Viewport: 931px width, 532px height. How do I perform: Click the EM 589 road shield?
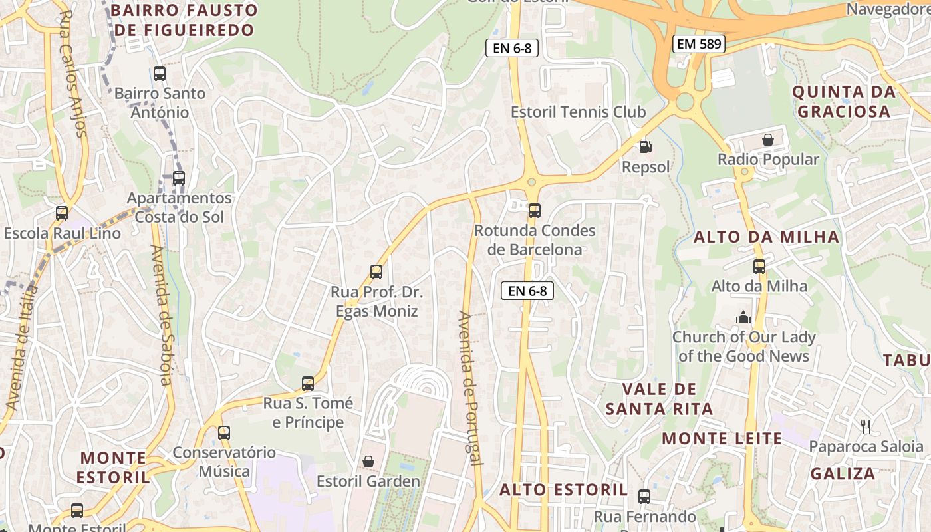[698, 45]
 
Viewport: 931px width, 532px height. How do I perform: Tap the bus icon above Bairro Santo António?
[160, 74]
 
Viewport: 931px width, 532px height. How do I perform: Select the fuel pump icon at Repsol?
[644, 147]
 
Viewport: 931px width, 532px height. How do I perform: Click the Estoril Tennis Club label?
[578, 112]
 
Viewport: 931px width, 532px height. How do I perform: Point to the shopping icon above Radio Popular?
[768, 140]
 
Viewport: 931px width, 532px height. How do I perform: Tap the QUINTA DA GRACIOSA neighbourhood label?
[844, 101]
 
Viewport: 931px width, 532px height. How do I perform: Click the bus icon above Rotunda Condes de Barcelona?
[534, 211]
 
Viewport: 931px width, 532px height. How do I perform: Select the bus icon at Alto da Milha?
[759, 267]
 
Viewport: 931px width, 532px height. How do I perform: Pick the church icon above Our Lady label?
[743, 317]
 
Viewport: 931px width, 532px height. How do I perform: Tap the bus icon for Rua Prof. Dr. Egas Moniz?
[376, 272]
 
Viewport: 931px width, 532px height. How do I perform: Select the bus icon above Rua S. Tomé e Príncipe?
[307, 384]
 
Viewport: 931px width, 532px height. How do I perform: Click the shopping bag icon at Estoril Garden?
[368, 462]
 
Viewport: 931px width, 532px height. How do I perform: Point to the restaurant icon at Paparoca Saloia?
[865, 426]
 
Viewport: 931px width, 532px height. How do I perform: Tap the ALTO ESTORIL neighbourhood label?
[563, 490]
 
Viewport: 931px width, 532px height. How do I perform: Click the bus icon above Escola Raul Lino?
[62, 213]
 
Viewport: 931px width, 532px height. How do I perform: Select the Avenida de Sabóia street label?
[162, 315]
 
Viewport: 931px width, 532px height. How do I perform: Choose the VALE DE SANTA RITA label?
[659, 398]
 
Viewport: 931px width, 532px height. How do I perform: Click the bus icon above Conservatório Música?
[224, 433]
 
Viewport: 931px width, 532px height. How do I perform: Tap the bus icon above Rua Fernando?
[644, 496]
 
